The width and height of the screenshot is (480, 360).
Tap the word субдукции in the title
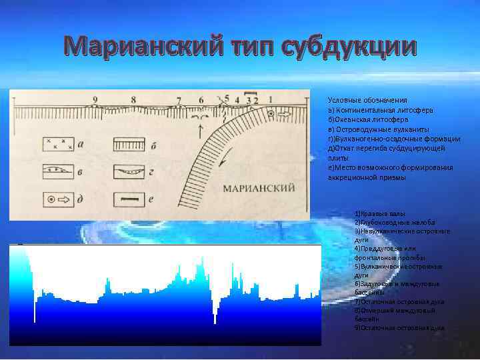click(350, 48)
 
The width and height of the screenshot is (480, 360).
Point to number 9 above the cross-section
click(95, 100)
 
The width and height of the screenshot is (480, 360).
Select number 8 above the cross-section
click(133, 100)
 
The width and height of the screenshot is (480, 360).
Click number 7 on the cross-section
click(178, 101)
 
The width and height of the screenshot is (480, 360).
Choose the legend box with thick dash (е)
click(127, 199)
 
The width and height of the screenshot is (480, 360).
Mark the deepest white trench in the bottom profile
click(215, 313)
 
